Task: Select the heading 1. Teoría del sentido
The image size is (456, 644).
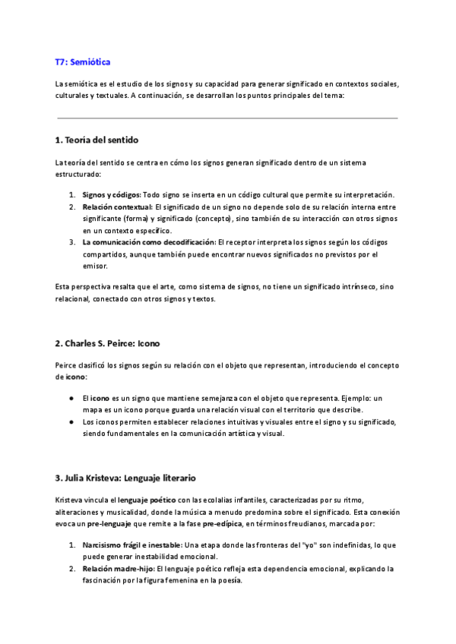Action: pyautogui.click(x=97, y=140)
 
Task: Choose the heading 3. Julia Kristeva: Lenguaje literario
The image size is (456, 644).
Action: pyautogui.click(x=126, y=478)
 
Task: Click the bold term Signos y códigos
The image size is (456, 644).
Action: pyautogui.click(x=111, y=195)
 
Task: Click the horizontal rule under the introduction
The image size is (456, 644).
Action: pyautogui.click(x=227, y=118)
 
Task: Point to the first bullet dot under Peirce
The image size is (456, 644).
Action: pyautogui.click(x=71, y=398)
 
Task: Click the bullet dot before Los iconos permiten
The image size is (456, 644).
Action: pyautogui.click(x=71, y=421)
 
